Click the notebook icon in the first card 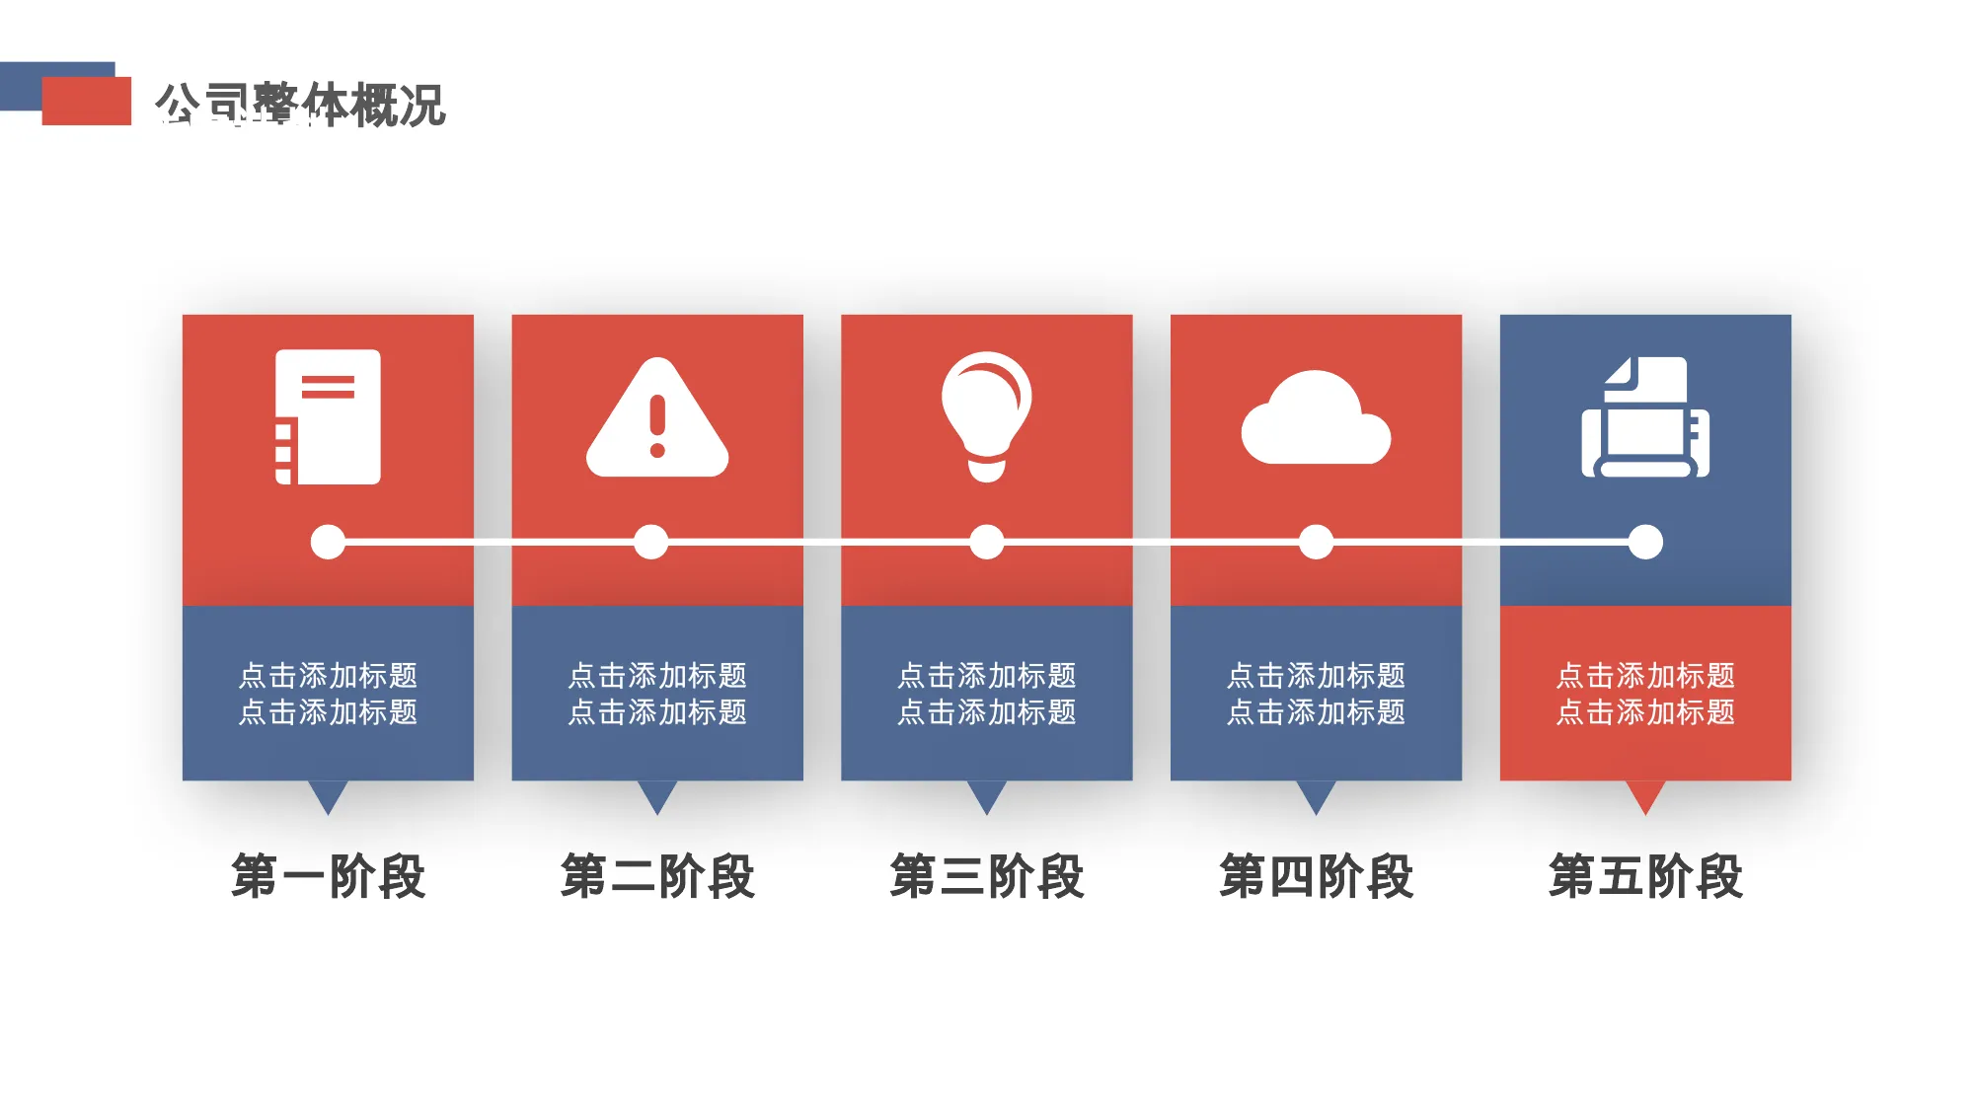click(328, 416)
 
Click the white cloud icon click(1316, 417)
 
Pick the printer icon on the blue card click(1645, 417)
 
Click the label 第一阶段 click(328, 876)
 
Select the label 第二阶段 click(657, 876)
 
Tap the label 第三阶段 click(987, 876)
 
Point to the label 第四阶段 click(1316, 876)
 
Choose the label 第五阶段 click(1645, 876)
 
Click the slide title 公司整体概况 click(300, 105)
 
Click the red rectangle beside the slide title click(87, 101)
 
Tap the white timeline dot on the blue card click(1645, 542)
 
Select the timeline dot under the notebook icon click(328, 542)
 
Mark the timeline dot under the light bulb click(987, 542)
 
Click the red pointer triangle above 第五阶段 click(1645, 794)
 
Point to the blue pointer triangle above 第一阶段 click(328, 794)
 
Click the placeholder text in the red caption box click(1645, 694)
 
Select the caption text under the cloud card click(1316, 694)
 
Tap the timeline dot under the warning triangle click(650, 542)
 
